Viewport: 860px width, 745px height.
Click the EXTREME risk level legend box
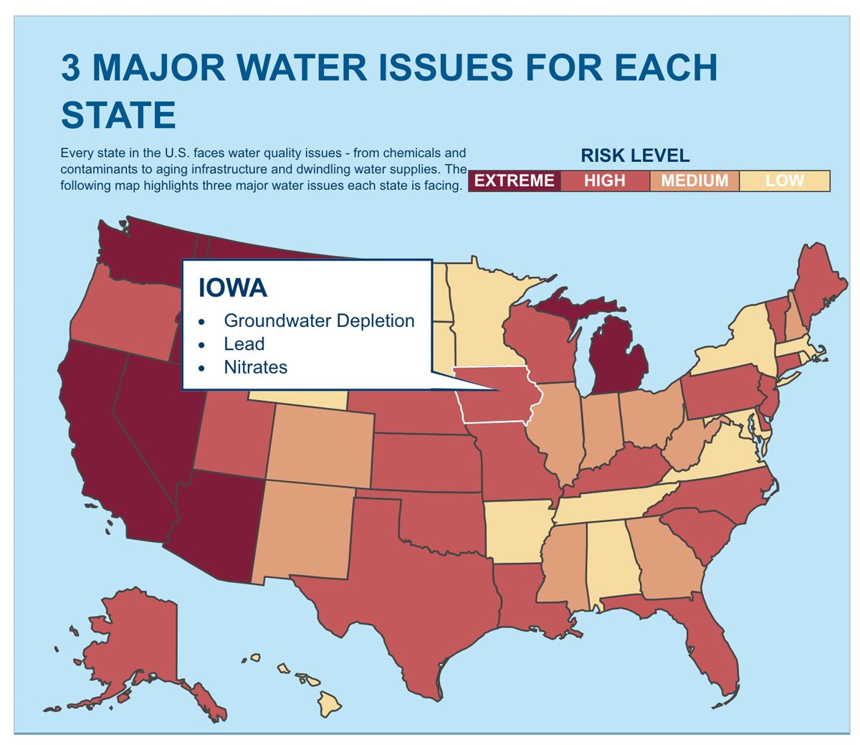coord(514,181)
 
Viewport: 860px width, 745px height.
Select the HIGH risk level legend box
coord(604,181)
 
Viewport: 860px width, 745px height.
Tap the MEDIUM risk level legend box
coord(694,181)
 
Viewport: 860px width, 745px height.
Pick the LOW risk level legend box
coord(784,181)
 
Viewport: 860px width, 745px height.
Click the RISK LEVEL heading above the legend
coord(634,156)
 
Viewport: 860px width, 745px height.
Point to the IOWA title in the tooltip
coord(233,288)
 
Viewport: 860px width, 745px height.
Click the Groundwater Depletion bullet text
coord(319,321)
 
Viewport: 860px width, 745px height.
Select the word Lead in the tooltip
coord(244,344)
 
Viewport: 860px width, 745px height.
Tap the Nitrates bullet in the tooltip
coord(255,367)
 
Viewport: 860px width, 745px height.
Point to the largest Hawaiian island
coord(330,703)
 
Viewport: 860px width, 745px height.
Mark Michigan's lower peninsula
coord(616,359)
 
